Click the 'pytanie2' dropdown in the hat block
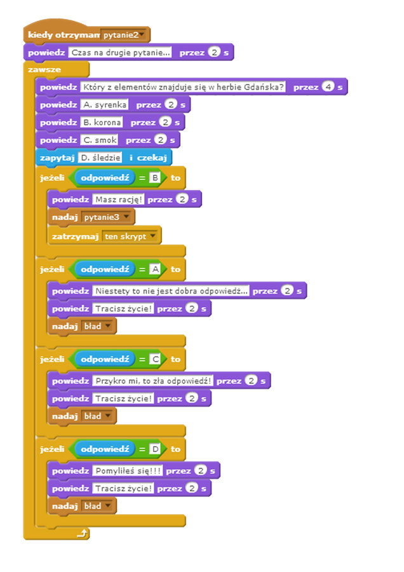124,36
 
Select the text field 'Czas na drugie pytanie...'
121,53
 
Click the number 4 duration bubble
328,87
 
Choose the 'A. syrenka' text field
105,104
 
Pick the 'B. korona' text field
102,121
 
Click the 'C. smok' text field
100,139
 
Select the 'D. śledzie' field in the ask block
100,157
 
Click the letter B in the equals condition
154,178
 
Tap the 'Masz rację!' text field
119,200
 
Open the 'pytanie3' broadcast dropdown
108,217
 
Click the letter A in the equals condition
154,269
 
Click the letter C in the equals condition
154,360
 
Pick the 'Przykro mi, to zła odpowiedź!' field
152,381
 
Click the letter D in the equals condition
154,449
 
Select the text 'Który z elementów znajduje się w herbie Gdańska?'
183,87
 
